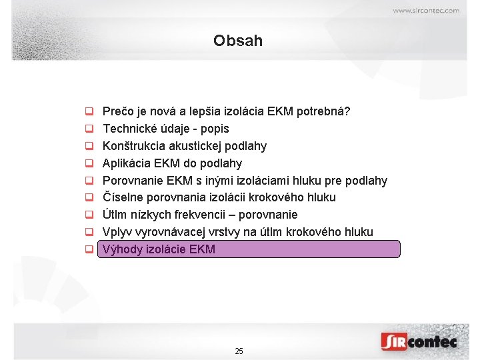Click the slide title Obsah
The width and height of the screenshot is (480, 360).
(x=238, y=41)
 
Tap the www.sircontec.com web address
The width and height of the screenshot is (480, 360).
(x=425, y=11)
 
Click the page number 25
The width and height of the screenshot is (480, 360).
(x=239, y=351)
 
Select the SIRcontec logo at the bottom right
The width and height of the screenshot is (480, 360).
(x=419, y=341)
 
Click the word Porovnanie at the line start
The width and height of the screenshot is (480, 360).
(x=132, y=181)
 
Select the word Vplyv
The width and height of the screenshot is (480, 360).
(x=117, y=232)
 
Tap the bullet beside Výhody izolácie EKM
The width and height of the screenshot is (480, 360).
(x=88, y=250)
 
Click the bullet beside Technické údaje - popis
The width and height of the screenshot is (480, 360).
(x=88, y=129)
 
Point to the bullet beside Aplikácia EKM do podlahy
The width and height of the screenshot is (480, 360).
(x=88, y=163)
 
